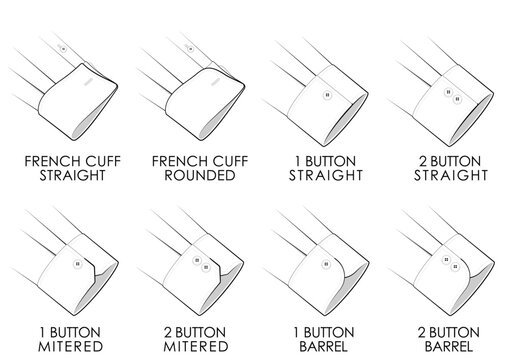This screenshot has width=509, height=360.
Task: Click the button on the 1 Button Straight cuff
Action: point(327,95)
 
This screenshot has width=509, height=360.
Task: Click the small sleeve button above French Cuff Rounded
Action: point(190,49)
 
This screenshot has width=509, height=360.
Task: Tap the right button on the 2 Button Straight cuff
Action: point(456,99)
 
